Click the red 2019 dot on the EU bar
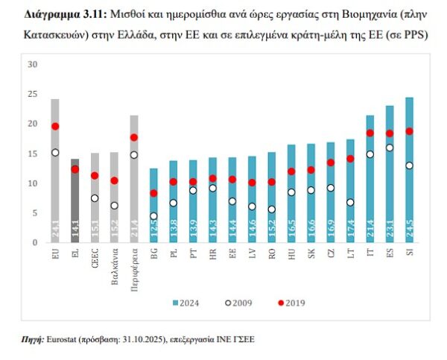55,127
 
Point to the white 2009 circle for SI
409,165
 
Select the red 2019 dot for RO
272,182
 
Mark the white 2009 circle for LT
350,202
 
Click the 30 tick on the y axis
32,64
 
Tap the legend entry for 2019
288,303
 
